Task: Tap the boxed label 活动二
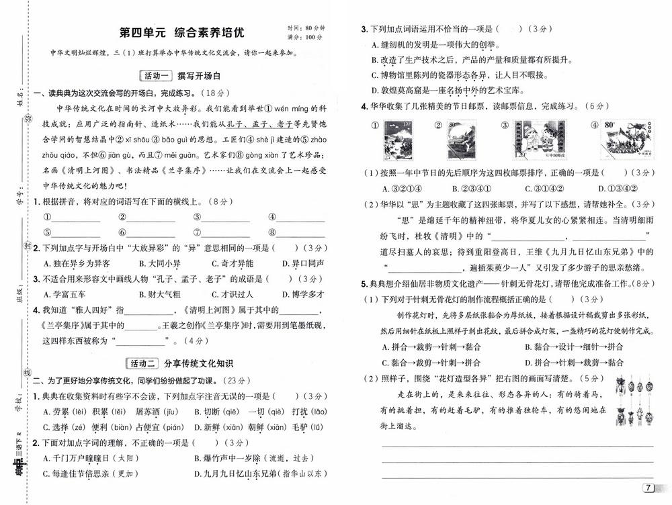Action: pyautogui.click(x=142, y=363)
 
